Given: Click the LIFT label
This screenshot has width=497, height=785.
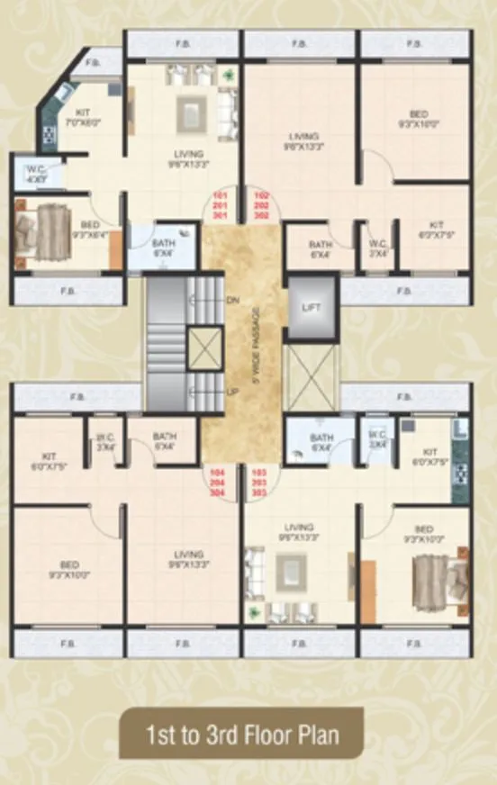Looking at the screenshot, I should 311,308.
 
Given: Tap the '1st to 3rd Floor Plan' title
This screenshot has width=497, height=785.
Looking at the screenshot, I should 243,735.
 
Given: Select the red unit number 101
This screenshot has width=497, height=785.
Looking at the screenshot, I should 218,195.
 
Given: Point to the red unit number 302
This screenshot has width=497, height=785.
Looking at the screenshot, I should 262,216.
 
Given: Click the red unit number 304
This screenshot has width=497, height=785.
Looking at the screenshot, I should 217,492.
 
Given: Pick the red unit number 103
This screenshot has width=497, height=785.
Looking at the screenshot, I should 262,471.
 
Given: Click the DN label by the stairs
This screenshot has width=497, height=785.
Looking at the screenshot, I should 232,299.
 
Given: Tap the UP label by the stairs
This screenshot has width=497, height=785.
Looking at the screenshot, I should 232,392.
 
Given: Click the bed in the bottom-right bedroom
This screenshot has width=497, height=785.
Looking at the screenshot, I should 438,574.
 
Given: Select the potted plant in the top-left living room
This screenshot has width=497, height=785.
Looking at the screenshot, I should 228,74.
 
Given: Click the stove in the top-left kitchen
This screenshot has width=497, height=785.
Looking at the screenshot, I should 50,135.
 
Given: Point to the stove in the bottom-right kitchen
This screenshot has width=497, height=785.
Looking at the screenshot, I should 460,472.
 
